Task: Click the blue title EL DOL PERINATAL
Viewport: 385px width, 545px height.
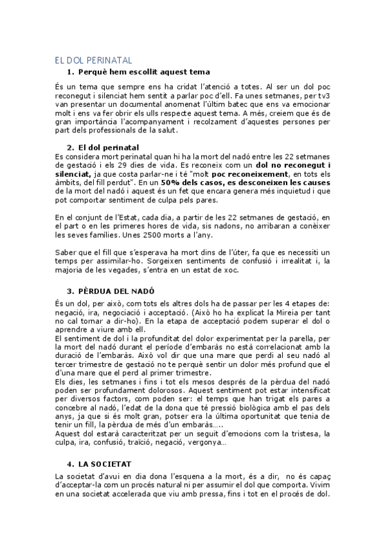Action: coord(94,60)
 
